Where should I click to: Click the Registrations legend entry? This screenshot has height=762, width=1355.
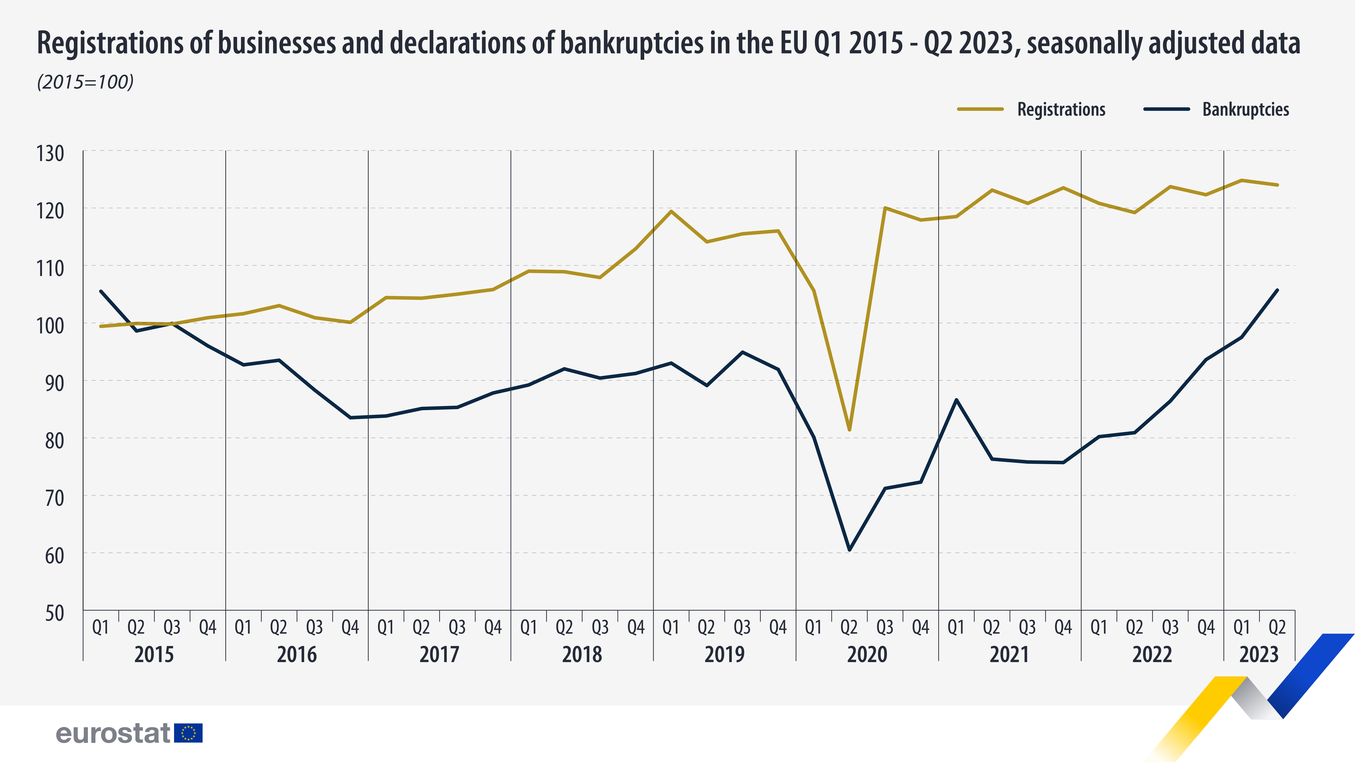(x=1031, y=109)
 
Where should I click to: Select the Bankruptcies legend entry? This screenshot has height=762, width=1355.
(x=1216, y=109)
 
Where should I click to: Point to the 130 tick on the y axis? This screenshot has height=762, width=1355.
(x=50, y=154)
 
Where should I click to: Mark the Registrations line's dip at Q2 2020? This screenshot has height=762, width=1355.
(x=849, y=430)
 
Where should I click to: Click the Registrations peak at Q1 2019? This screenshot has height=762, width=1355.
(x=671, y=211)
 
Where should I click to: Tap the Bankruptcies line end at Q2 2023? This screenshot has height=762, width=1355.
(x=1277, y=290)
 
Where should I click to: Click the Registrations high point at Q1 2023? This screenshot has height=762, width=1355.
(x=1241, y=180)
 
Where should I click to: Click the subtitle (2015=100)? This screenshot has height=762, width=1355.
(x=85, y=82)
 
